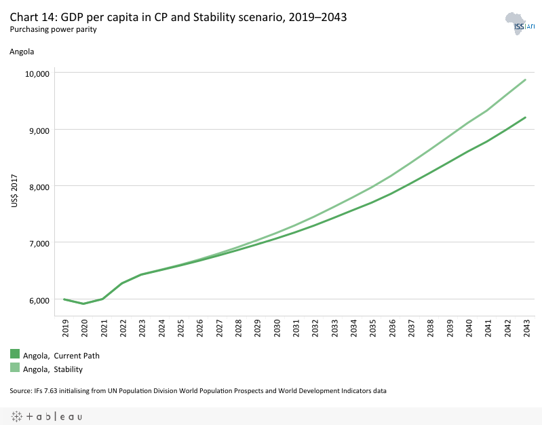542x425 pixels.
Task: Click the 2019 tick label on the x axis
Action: pyautogui.click(x=66, y=329)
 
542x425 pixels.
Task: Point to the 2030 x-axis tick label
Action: pyautogui.click(x=277, y=329)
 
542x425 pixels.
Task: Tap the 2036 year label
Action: pyautogui.click(x=392, y=329)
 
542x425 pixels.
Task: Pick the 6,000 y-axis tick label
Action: pyautogui.click(x=38, y=299)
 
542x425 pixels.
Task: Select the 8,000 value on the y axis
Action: pyautogui.click(x=38, y=186)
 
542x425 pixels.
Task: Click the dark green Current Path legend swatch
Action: pyautogui.click(x=15, y=354)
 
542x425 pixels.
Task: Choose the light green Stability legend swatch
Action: pyautogui.click(x=15, y=367)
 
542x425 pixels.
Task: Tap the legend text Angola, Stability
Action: pyautogui.click(x=53, y=369)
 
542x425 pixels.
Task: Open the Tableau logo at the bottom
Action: pyautogui.click(x=46, y=415)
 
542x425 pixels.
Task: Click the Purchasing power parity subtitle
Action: pyautogui.click(x=53, y=30)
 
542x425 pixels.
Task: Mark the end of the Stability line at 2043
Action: pyautogui.click(x=526, y=80)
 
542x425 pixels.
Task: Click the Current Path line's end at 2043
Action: pyautogui.click(x=526, y=117)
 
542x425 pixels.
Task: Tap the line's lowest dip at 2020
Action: pyautogui.click(x=83, y=303)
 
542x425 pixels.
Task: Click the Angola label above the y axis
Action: pyautogui.click(x=22, y=52)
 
